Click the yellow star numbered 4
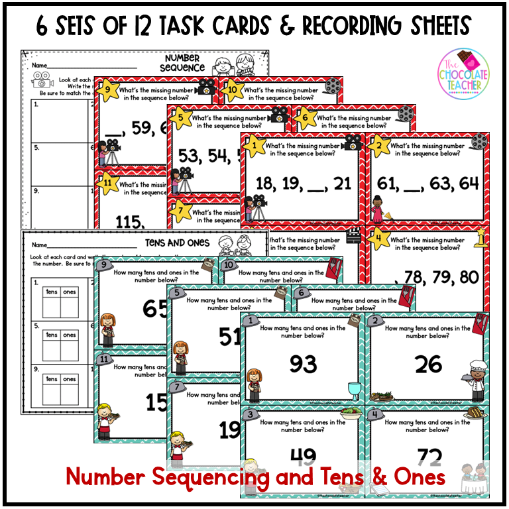378,237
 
